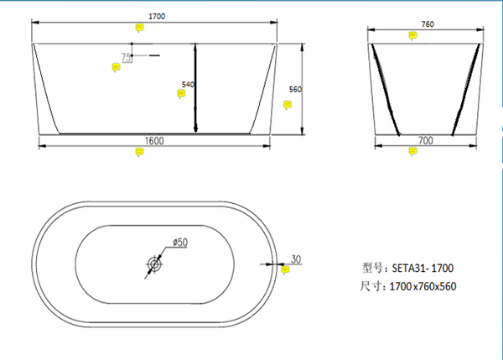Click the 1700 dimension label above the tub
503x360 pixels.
(x=157, y=17)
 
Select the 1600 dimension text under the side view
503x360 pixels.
(x=154, y=141)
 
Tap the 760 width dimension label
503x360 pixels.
(x=428, y=24)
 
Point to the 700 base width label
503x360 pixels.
(x=426, y=141)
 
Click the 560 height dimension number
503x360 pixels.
(x=295, y=89)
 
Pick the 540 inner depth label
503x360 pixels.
(x=188, y=85)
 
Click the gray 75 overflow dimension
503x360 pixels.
(x=126, y=58)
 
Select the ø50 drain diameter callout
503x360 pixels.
(x=180, y=242)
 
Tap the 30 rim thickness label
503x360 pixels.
(x=296, y=258)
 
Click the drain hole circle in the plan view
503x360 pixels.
(x=154, y=264)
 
